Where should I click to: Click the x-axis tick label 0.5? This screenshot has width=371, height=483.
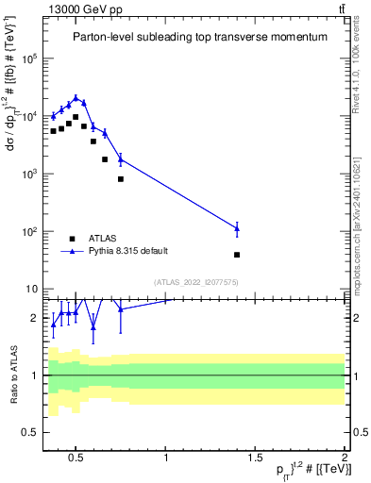[x=77, y=459]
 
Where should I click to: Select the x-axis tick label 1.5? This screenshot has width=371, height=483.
[x=255, y=459]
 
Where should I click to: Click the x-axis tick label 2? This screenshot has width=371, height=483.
[x=344, y=459]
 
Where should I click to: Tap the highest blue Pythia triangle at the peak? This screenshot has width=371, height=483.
[x=76, y=97]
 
